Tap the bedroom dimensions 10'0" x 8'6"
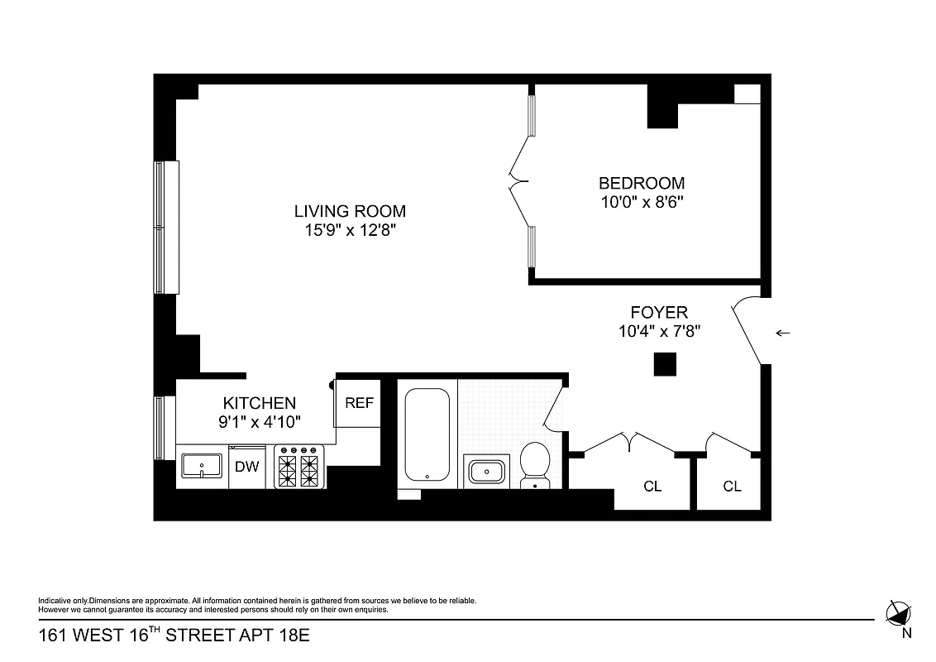coord(642,201)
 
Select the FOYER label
coord(659,312)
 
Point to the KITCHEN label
coord(259,403)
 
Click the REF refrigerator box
coord(359,404)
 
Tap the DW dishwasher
coord(246,467)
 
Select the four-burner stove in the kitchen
coord(298,467)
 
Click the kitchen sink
coord(202,466)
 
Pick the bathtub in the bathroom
coord(427,435)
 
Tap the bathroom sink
coord(486,472)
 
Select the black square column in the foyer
coord(665,364)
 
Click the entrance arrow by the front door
coord(782,333)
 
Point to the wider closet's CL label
coord(652,486)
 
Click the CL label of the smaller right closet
coord(732,486)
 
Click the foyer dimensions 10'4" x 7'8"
coord(659,331)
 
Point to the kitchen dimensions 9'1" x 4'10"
coord(259,421)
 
